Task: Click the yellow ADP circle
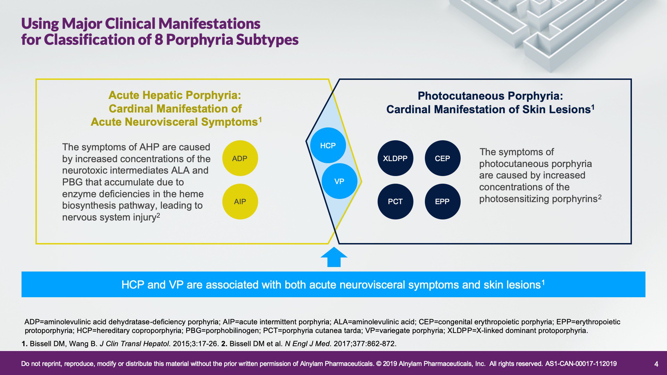pos(240,158)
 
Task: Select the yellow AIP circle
pos(240,201)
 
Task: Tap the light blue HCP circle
pos(328,145)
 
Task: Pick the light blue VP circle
pos(339,181)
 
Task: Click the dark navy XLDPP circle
pos(395,158)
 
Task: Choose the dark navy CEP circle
pos(443,158)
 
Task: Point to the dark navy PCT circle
pos(395,201)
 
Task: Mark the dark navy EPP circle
pos(443,201)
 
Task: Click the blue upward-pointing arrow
pos(334,257)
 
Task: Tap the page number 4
pos(656,364)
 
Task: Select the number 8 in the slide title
pos(158,40)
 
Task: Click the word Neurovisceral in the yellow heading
pos(165,122)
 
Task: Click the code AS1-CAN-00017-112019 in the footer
pos(581,364)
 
